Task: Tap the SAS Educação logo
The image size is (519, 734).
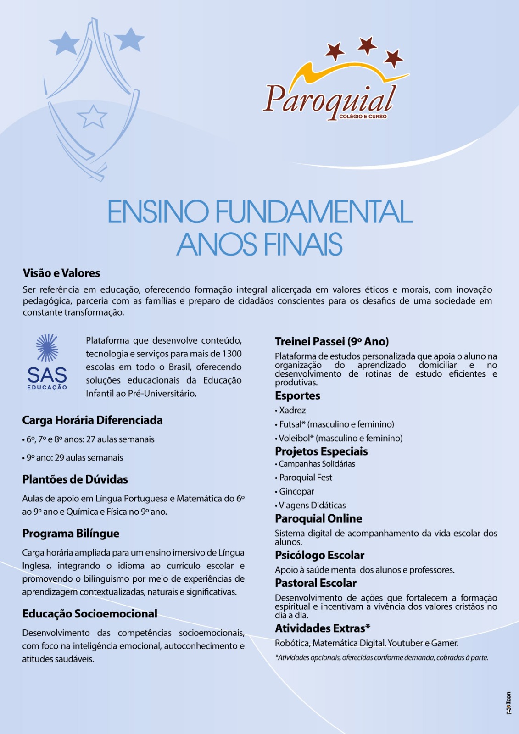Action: coord(47,362)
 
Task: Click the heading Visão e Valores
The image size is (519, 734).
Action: coord(61,273)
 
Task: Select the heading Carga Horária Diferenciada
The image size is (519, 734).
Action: coord(92,420)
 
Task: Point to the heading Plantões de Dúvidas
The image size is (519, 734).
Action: coord(75,479)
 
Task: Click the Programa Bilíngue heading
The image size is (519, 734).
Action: coord(71,534)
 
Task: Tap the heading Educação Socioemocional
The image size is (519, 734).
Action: coord(89,614)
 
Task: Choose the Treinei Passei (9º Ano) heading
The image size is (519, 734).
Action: coord(332,341)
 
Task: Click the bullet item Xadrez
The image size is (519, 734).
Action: coord(292,411)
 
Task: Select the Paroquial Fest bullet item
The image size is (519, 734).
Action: coord(306,478)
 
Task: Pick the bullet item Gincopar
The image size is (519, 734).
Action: coord(296,491)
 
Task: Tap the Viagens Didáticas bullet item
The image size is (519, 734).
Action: coord(312,505)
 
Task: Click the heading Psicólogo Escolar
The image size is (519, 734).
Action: coord(319,556)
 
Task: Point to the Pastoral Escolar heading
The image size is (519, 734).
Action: coord(316,583)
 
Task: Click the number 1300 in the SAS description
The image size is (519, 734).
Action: coord(232,354)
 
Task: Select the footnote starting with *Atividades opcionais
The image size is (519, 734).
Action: coord(381,658)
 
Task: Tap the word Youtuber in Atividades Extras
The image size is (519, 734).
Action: coord(406,643)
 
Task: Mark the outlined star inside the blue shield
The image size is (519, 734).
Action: coord(92,117)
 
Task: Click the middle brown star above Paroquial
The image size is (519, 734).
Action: coord(367,45)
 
